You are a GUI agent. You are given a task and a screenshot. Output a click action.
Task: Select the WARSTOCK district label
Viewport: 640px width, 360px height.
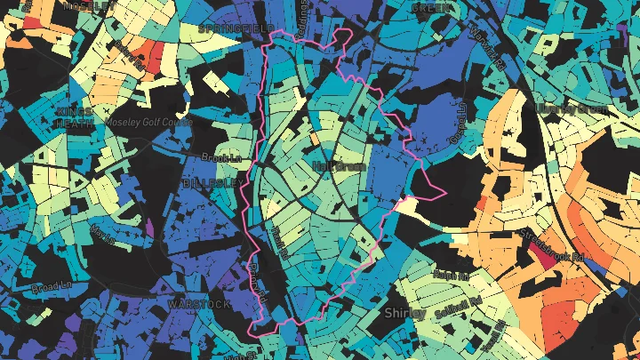pyautogui.click(x=198, y=304)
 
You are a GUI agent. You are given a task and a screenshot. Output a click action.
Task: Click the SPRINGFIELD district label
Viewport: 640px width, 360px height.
pyautogui.click(x=236, y=28)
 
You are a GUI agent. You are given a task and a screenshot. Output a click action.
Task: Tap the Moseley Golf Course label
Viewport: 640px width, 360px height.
pyautogui.click(x=148, y=123)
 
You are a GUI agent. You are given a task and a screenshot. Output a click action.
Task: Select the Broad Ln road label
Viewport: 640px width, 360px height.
pyautogui.click(x=52, y=288)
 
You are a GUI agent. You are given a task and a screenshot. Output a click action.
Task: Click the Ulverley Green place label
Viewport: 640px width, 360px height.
pyautogui.click(x=572, y=109)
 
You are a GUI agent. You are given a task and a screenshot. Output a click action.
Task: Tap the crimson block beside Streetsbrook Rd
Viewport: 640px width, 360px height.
pyautogui.click(x=539, y=253)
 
